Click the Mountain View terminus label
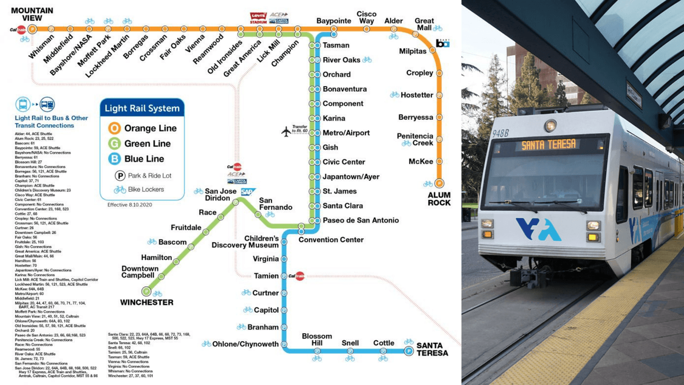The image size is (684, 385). [32, 14]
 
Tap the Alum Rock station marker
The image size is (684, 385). [439, 183]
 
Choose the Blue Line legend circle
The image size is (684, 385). [114, 159]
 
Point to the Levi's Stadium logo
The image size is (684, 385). [258, 18]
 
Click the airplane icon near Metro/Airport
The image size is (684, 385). [286, 130]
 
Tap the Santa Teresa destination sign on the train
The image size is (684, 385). [549, 144]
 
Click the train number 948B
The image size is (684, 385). [501, 133]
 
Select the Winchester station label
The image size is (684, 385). [146, 303]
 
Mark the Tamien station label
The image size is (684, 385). [266, 276]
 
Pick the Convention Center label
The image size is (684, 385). [331, 240]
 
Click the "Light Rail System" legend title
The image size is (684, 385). [142, 109]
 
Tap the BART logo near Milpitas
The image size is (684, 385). [442, 43]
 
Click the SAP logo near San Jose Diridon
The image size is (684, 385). [248, 192]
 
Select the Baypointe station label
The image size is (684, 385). [333, 21]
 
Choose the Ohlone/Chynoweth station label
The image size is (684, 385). [245, 344]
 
